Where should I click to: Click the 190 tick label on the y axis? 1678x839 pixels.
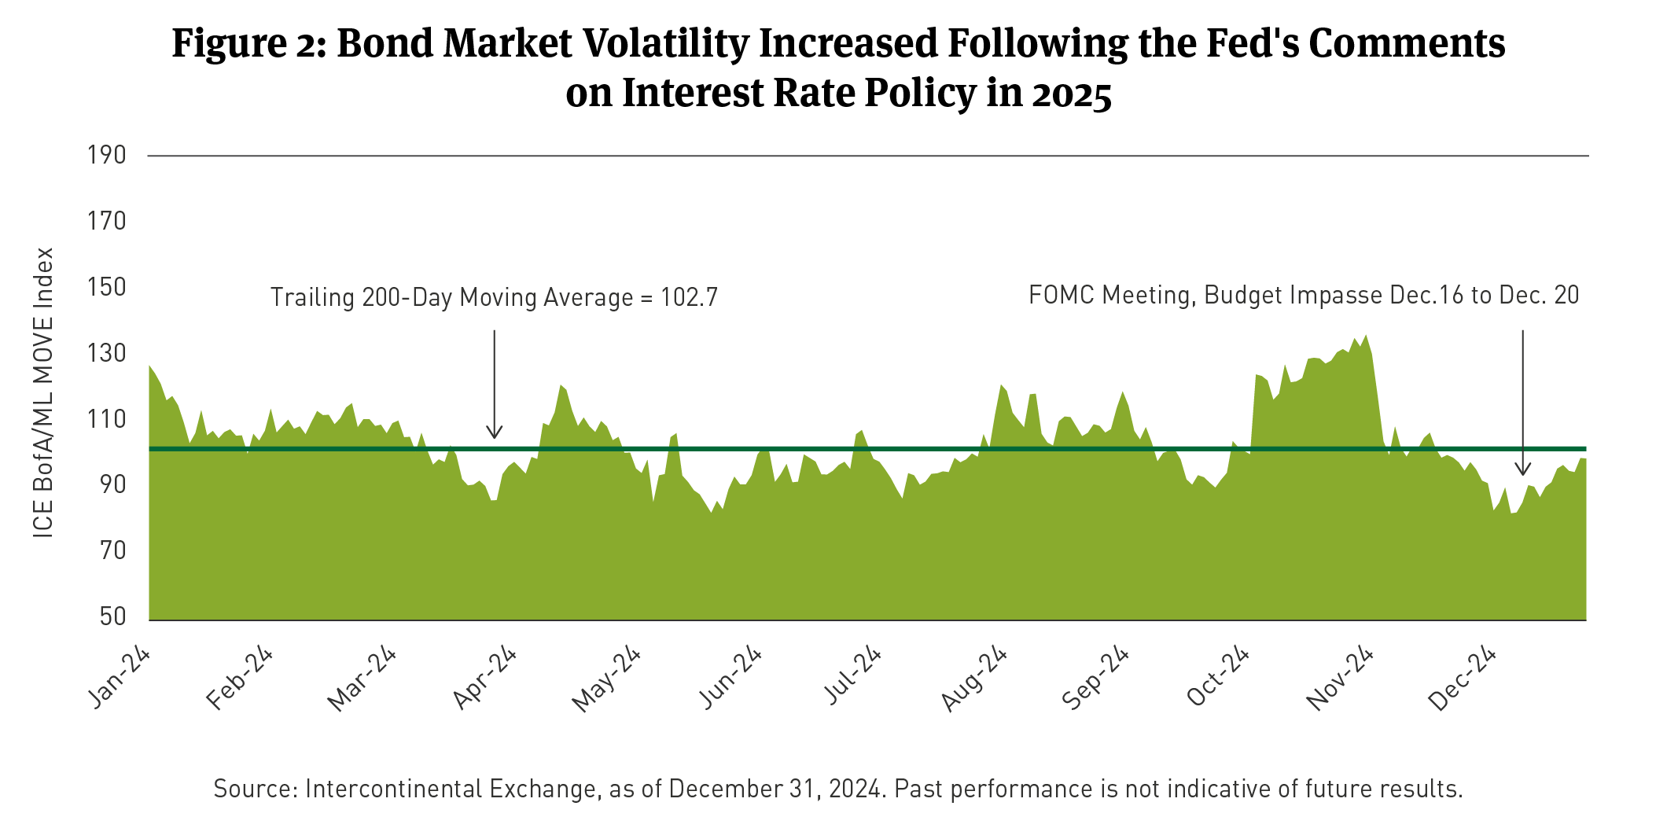click(x=107, y=155)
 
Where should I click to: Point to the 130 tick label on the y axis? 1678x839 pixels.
click(x=107, y=353)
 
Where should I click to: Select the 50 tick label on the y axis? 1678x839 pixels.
click(x=113, y=616)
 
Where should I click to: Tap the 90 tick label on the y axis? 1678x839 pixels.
click(x=113, y=484)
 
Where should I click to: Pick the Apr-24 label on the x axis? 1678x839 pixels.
click(x=485, y=678)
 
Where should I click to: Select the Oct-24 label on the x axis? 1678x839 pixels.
click(x=1218, y=677)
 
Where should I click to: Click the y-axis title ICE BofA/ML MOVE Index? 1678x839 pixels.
click(x=44, y=393)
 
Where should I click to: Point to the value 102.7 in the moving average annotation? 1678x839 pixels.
click(x=689, y=298)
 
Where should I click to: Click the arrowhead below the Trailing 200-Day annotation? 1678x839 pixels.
click(x=494, y=433)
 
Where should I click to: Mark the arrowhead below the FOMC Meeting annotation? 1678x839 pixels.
click(x=1523, y=469)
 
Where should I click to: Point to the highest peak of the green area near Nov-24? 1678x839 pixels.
click(x=1366, y=337)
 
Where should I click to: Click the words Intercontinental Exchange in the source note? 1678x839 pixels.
click(x=451, y=789)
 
